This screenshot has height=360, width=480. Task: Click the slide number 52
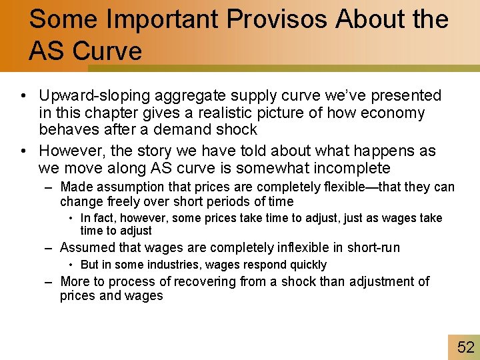click(x=465, y=347)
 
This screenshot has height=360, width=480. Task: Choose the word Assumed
click(x=86, y=248)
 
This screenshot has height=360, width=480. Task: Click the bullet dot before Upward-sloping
click(x=23, y=97)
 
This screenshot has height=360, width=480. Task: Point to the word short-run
click(x=373, y=248)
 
